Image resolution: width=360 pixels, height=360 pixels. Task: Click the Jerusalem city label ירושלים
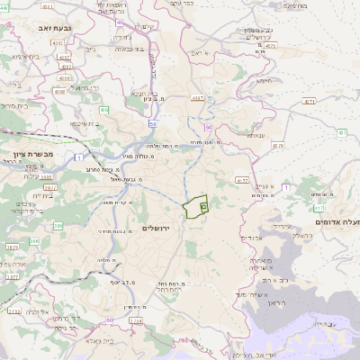pos(162,229)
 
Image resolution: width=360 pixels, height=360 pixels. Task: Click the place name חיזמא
pos(264,80)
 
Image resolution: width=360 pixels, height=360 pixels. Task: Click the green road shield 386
pos(34,241)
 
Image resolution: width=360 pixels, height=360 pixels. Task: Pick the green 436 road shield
pos(104,110)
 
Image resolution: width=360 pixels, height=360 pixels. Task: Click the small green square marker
pos(203,206)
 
